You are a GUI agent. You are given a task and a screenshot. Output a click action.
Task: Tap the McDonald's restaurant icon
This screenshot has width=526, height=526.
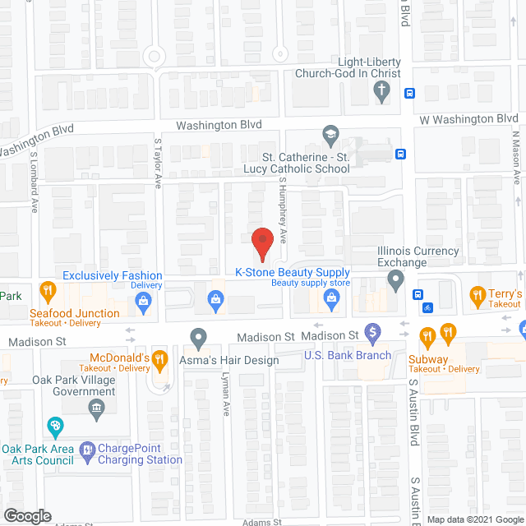point(162,358)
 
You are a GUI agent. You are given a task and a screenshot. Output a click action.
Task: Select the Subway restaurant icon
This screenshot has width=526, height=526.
point(427,335)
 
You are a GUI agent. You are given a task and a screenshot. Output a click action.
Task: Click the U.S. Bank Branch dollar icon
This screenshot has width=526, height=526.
point(373,334)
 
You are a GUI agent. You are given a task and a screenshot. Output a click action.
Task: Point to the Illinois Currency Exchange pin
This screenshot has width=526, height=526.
point(396,283)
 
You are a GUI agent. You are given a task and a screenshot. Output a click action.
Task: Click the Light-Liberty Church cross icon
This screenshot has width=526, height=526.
point(381,93)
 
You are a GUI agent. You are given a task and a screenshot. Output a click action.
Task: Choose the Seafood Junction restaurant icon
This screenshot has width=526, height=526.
point(48,291)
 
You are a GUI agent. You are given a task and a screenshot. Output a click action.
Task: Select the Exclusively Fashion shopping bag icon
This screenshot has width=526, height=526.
point(144,303)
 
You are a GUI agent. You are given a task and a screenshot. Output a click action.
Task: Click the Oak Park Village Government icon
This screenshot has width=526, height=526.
point(97,408)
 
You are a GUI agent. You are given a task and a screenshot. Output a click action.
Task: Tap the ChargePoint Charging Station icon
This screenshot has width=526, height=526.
point(87,450)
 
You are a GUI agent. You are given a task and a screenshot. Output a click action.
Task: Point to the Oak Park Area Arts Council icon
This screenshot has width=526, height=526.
point(56,427)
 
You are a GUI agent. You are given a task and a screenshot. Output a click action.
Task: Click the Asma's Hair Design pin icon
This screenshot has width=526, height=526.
point(198,337)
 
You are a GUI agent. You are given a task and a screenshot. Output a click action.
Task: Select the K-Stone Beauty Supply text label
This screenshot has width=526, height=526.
point(293,273)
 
